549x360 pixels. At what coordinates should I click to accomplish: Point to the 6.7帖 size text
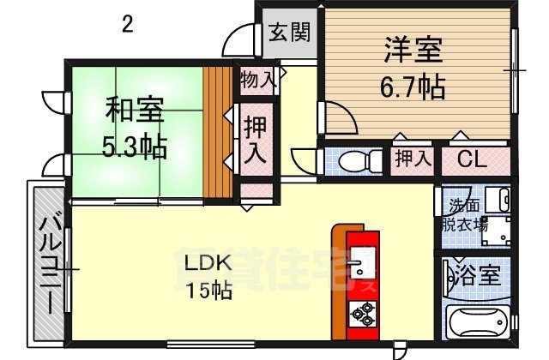tap(413, 86)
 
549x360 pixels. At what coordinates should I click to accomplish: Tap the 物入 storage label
tap(257, 81)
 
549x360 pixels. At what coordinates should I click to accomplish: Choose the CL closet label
tap(474, 159)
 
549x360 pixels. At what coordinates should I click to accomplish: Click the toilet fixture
tap(353, 159)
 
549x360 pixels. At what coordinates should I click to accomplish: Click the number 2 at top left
tap(127, 24)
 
